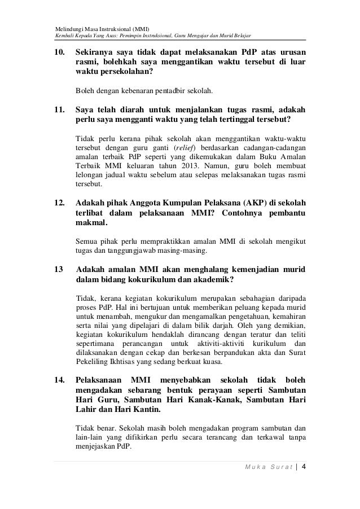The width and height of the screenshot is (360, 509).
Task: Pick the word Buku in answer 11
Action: pyautogui.click(x=264, y=157)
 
